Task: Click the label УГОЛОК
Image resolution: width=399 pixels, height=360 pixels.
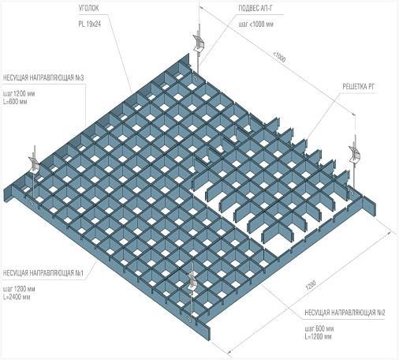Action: [88, 9]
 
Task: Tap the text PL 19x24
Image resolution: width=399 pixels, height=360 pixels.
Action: [90, 24]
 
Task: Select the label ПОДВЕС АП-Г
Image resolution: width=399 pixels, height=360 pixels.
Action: [256, 9]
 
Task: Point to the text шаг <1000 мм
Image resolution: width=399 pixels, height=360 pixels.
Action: [256, 24]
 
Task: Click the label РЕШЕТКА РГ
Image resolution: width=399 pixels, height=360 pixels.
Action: [358, 87]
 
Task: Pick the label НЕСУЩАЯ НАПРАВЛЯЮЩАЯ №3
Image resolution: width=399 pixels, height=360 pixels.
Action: [43, 78]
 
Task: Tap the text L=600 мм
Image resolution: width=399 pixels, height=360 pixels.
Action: [15, 102]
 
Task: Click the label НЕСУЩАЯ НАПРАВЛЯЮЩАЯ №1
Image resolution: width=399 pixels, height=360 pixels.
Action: [43, 273]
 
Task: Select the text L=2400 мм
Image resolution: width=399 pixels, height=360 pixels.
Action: [17, 297]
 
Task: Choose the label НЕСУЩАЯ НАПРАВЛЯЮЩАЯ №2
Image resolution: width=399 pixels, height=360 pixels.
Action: [345, 313]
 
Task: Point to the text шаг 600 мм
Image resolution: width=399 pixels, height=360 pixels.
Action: [319, 328]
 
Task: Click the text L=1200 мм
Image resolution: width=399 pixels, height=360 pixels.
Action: [318, 336]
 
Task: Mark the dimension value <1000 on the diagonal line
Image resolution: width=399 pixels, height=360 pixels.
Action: [279, 58]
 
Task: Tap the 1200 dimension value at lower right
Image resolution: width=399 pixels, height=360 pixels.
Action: [311, 285]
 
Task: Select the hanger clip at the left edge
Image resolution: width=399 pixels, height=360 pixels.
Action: [34, 163]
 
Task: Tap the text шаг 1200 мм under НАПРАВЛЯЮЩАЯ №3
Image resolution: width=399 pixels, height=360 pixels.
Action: [19, 94]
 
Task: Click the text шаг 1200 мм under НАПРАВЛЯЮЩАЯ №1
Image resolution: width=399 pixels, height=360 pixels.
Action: [19, 289]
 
